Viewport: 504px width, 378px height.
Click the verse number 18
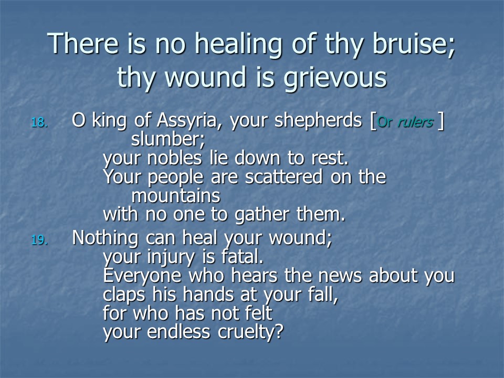pyautogui.click(x=39, y=122)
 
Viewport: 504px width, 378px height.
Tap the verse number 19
pyautogui.click(x=39, y=240)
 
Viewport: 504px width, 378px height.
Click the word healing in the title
pyautogui.click(x=238, y=45)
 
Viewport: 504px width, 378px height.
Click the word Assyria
pyautogui.click(x=186, y=121)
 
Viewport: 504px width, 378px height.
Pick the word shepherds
pyautogui.click(x=318, y=121)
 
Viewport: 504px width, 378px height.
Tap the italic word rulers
pyautogui.click(x=415, y=122)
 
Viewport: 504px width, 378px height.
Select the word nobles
pyautogui.click(x=174, y=158)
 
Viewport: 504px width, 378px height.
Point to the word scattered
pyautogui.click(x=283, y=177)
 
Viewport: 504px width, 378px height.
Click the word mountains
pyautogui.click(x=176, y=196)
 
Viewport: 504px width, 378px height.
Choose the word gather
pyautogui.click(x=261, y=215)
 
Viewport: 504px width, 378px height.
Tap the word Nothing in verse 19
pyautogui.click(x=106, y=238)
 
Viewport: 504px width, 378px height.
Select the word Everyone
pyautogui.click(x=142, y=276)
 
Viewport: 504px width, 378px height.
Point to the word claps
pyautogui.click(x=124, y=295)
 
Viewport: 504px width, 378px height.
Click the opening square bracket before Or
pyautogui.click(x=373, y=121)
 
